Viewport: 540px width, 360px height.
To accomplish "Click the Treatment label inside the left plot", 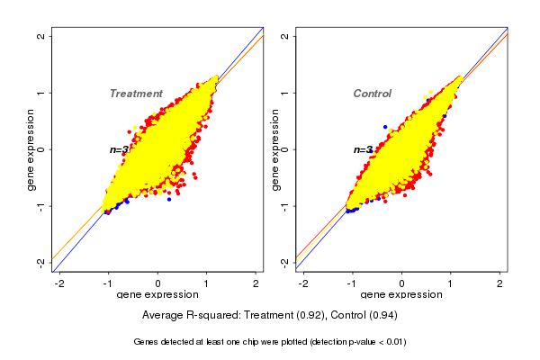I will [136, 94].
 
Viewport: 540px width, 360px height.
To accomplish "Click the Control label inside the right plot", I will [372, 94].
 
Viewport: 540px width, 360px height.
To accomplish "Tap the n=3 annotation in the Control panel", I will [363, 149].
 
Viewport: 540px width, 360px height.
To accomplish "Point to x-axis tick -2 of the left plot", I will [59, 283].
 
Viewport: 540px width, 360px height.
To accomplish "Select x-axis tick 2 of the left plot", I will [256, 283].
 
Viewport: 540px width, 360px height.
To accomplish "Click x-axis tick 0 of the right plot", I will [402, 283].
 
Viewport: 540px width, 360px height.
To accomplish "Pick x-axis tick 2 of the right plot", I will [500, 283].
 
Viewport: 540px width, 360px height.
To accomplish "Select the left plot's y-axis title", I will [31, 149].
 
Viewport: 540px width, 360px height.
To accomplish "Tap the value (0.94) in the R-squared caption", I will [382, 316].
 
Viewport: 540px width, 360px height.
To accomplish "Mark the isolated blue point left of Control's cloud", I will [385, 127].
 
